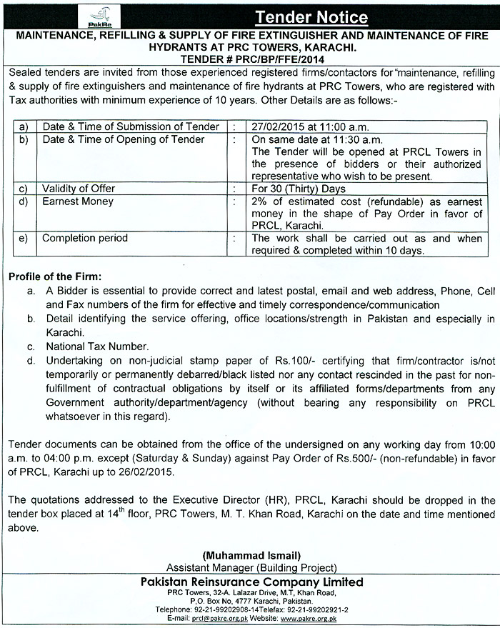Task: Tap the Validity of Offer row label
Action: [79, 189]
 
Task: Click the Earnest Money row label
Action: [78, 201]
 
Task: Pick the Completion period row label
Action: [85, 238]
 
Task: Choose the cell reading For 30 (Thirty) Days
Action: [299, 189]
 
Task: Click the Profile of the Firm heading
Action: [55, 276]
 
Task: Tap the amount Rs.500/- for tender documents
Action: [292, 459]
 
